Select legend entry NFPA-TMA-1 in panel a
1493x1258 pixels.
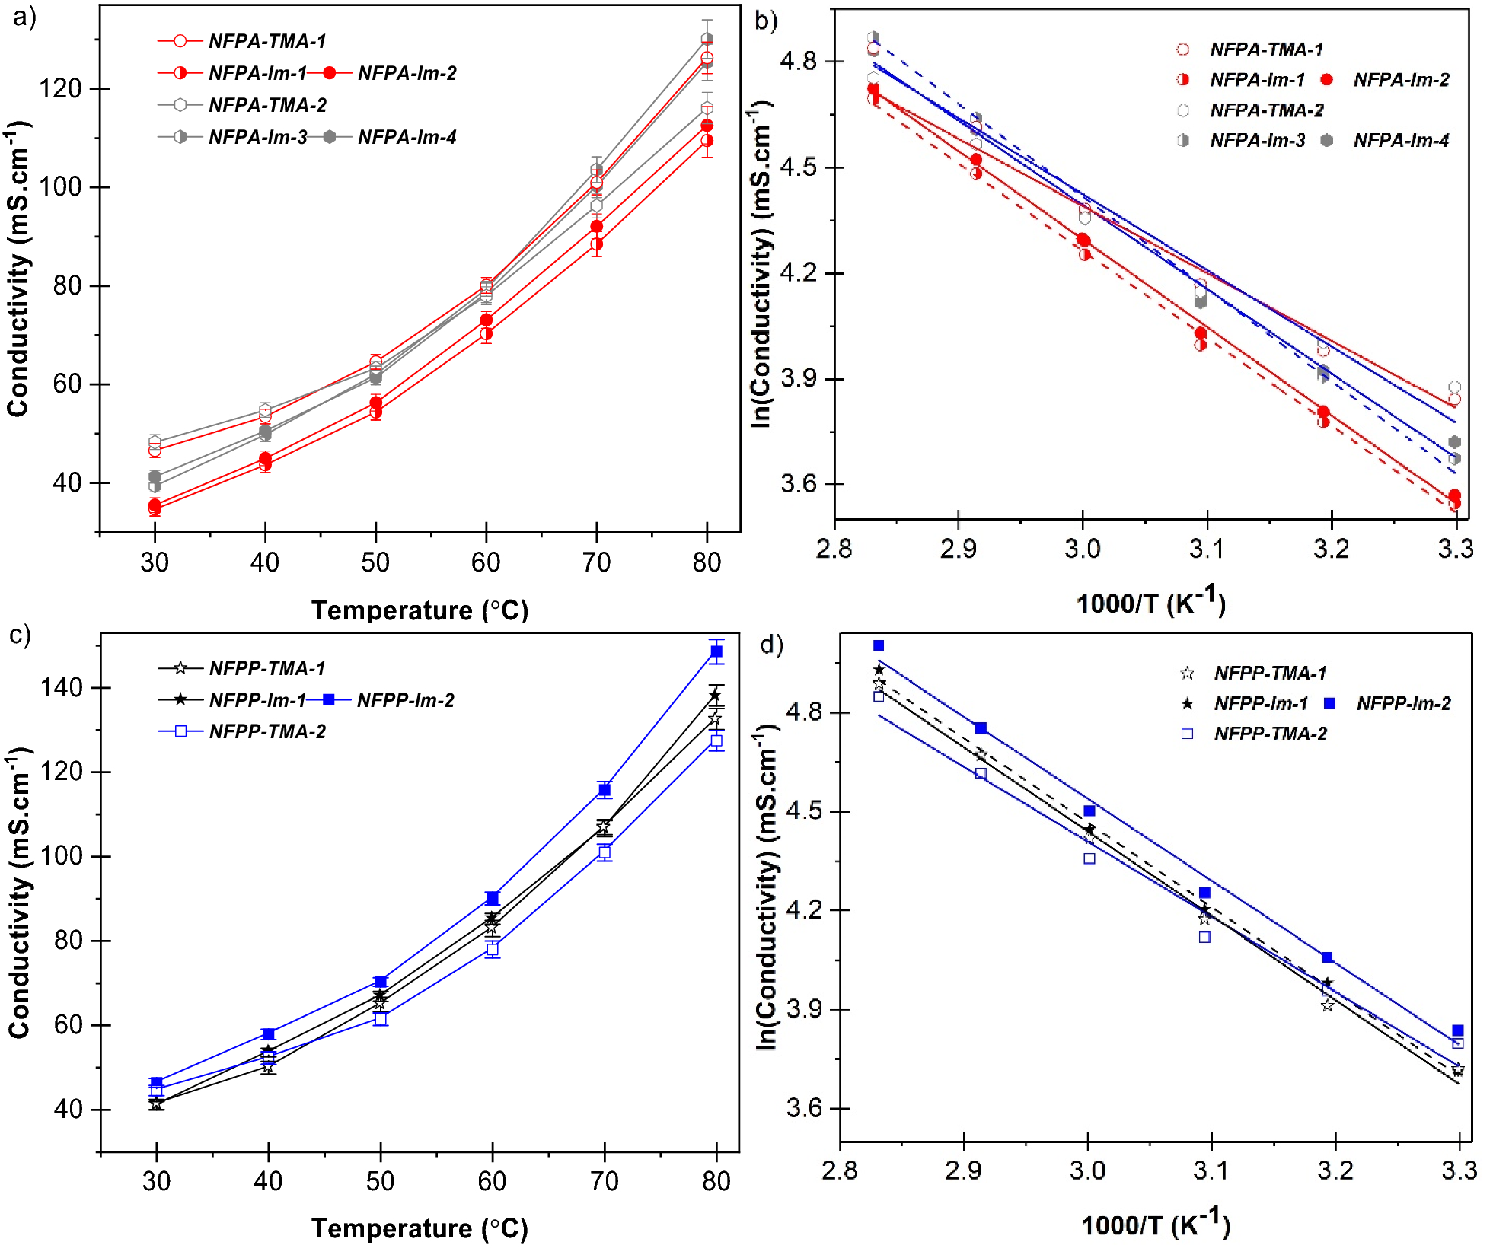[x=266, y=41]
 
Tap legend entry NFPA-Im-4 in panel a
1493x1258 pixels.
[x=407, y=137]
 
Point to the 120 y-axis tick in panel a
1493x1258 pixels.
[x=60, y=88]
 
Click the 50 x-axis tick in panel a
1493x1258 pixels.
[x=375, y=562]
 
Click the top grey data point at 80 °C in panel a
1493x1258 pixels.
[x=707, y=39]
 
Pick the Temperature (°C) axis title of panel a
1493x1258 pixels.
[x=420, y=610]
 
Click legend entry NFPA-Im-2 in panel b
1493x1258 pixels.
[x=1401, y=80]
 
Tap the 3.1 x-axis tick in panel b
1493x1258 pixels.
[x=1207, y=549]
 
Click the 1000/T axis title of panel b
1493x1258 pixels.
[x=1150, y=603]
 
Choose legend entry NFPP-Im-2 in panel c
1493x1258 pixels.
[x=405, y=700]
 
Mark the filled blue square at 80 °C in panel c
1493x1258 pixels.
[x=716, y=651]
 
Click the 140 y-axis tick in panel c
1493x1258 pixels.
[x=60, y=687]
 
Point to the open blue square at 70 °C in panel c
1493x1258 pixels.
[x=605, y=852]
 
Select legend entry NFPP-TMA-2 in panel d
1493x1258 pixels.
[x=1270, y=734]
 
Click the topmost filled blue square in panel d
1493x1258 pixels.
[x=879, y=645]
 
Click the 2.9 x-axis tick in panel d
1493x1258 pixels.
[x=963, y=1170]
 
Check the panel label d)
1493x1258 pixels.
[x=771, y=645]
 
